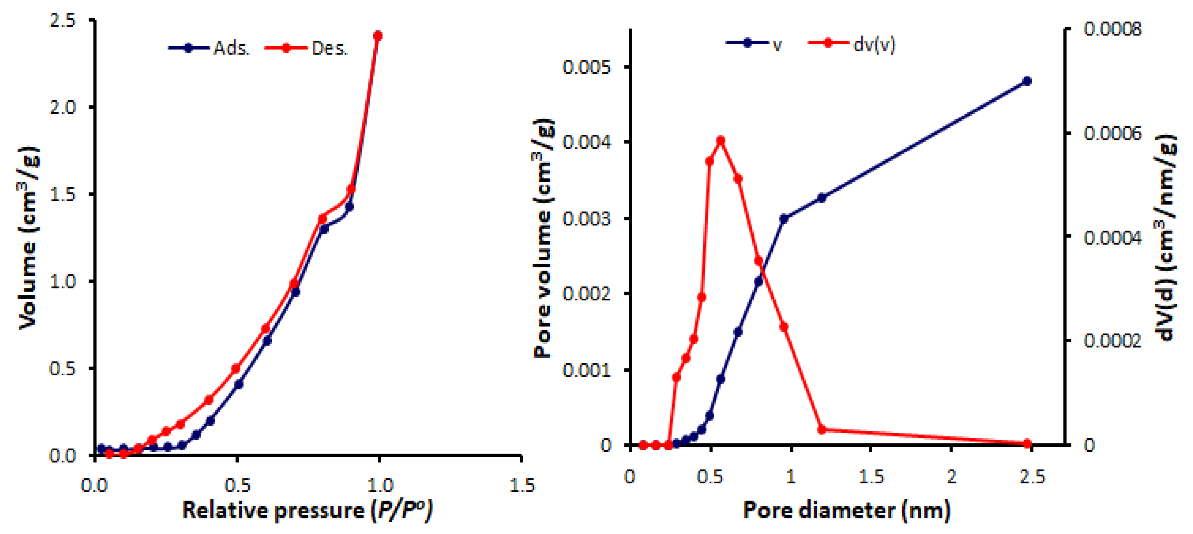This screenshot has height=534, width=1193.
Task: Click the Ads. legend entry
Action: (209, 48)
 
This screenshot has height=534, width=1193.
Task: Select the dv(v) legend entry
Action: (852, 44)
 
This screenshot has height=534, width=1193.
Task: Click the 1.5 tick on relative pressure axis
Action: (521, 485)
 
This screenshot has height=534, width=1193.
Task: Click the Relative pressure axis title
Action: (307, 510)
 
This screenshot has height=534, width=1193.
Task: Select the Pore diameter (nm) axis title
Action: (847, 510)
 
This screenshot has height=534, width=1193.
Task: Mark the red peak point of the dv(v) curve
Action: (721, 141)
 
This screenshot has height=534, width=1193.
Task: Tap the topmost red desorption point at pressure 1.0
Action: (378, 36)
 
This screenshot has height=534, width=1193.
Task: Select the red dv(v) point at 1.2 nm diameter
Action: (822, 430)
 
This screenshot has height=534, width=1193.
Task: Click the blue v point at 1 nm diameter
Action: (784, 218)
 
